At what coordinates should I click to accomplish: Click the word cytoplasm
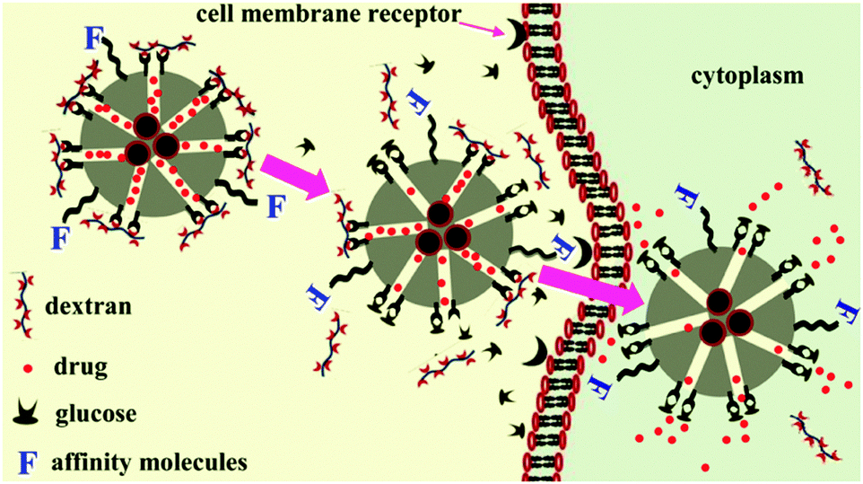pyautogui.click(x=747, y=75)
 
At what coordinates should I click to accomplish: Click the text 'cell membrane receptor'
pyautogui.click(x=329, y=13)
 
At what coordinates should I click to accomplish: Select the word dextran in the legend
pyautogui.click(x=88, y=305)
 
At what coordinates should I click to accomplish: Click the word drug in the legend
pyautogui.click(x=81, y=366)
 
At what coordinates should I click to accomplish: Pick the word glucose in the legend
pyautogui.click(x=96, y=413)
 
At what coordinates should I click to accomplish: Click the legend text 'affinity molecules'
pyautogui.click(x=150, y=462)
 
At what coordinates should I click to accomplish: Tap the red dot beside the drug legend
pyautogui.click(x=28, y=367)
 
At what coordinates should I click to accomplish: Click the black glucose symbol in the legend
pyautogui.click(x=26, y=414)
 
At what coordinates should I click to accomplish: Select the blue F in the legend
pyautogui.click(x=27, y=462)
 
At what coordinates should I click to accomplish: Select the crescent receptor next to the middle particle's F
pyautogui.click(x=584, y=252)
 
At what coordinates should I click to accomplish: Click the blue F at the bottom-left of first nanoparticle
pyautogui.click(x=60, y=239)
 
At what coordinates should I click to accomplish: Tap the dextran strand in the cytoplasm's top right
pyautogui.click(x=813, y=167)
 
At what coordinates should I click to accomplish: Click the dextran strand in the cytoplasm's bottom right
pyautogui.click(x=815, y=437)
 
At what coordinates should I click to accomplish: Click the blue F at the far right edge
pyautogui.click(x=848, y=312)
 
